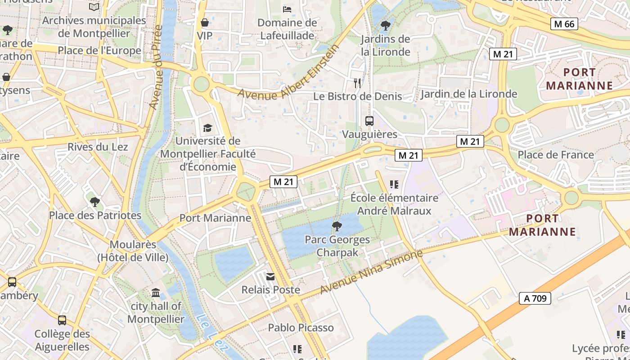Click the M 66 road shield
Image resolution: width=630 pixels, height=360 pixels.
click(x=564, y=24)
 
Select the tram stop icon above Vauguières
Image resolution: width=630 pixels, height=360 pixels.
click(x=369, y=121)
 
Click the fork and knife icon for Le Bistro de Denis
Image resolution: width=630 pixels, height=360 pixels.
click(x=357, y=83)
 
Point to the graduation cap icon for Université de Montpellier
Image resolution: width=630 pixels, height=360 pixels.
click(x=207, y=128)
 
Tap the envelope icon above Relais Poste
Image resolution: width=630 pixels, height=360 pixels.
click(x=270, y=277)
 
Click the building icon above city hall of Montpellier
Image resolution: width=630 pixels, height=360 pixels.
click(x=156, y=293)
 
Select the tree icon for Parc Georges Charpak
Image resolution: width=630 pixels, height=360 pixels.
click(x=337, y=226)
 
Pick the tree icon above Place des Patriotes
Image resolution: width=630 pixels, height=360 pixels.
click(x=94, y=202)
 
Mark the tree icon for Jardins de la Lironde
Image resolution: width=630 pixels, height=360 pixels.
click(x=385, y=25)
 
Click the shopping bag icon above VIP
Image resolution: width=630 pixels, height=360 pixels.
click(x=205, y=22)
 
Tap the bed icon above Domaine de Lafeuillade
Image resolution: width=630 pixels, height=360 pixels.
click(x=287, y=9)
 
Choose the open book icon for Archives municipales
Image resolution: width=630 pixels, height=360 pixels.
click(x=94, y=7)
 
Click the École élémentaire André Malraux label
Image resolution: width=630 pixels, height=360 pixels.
click(x=394, y=204)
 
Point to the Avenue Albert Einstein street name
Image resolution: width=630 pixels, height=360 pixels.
click(x=288, y=72)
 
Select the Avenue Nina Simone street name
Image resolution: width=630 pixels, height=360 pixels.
click(x=371, y=272)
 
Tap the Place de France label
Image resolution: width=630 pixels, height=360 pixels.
click(x=556, y=155)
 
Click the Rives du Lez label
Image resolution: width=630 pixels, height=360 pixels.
click(x=98, y=147)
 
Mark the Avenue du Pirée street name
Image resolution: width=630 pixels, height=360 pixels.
click(x=155, y=67)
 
